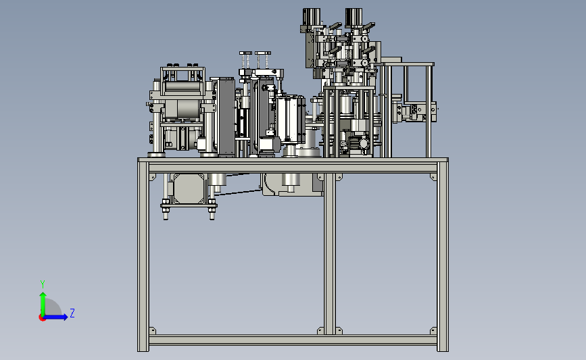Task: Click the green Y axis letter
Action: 43,284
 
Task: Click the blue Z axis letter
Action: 72,313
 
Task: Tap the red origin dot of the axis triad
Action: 42,317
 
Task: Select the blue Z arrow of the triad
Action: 56,317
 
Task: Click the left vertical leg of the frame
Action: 143,256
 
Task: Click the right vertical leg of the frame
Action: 443,256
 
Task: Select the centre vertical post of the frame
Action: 330,254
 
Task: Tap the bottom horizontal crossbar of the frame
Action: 293,340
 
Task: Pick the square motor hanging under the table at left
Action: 189,188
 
